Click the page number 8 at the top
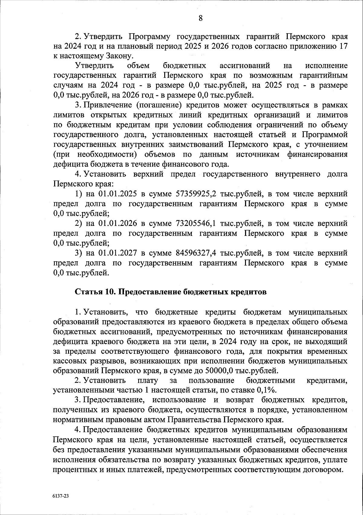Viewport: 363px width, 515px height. tap(201, 18)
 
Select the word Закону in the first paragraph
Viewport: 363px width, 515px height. tap(119, 56)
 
